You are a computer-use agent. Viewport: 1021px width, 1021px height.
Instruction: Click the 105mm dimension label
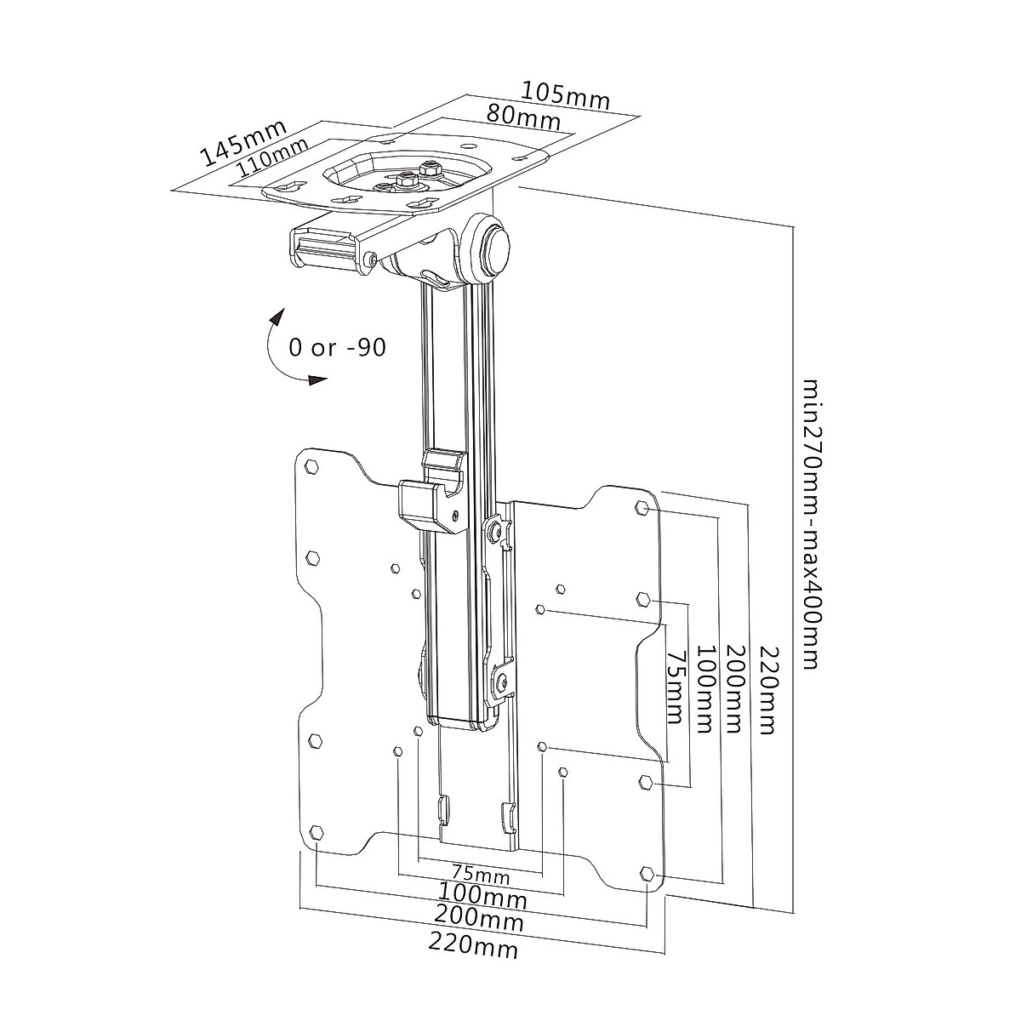coord(565,94)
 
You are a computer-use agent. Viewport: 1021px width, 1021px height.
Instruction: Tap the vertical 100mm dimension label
coord(704,689)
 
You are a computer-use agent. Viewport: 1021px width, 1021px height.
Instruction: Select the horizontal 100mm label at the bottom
coord(482,896)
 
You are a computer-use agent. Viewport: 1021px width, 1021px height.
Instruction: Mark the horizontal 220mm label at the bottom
coord(473,943)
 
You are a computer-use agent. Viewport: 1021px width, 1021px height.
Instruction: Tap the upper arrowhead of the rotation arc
coord(277,317)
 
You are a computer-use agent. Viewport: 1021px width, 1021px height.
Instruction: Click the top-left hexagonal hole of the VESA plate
coord(311,466)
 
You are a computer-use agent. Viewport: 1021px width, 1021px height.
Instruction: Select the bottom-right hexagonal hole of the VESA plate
coord(647,873)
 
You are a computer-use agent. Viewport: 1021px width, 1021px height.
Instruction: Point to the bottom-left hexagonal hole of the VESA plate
coord(317,831)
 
